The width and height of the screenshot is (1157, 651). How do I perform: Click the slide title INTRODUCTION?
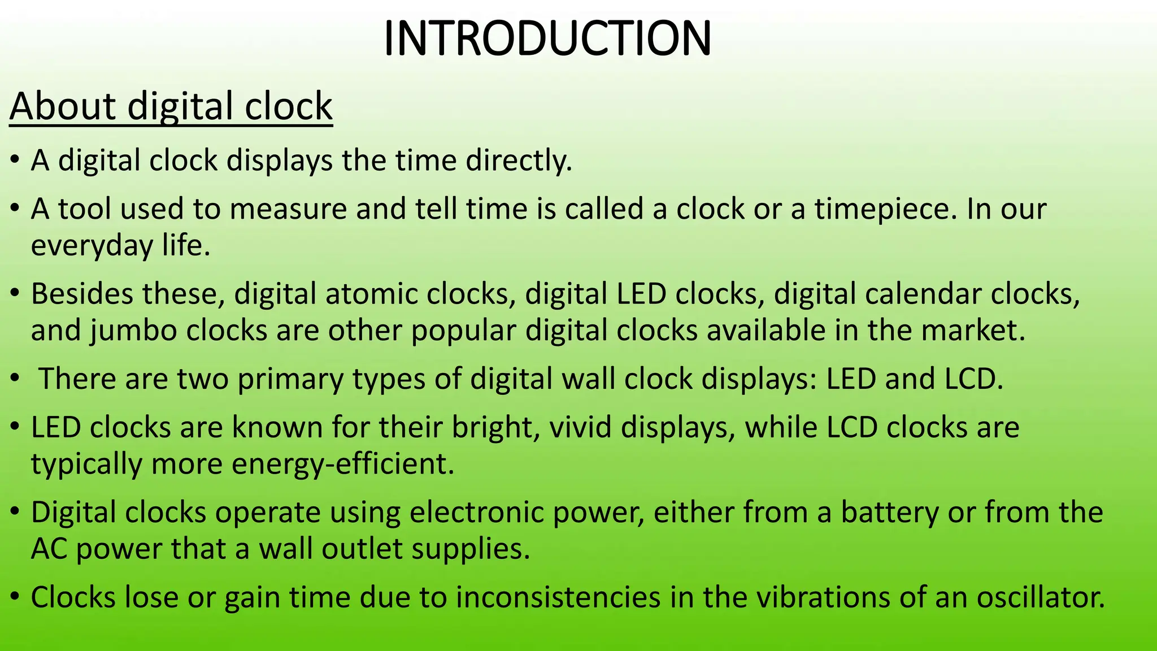(x=547, y=38)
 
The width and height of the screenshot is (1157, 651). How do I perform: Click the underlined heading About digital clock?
(x=171, y=106)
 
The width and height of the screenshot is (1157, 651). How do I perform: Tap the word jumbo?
(x=133, y=331)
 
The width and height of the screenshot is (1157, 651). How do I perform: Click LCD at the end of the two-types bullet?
(x=973, y=379)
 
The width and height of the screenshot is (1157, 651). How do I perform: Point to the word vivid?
(x=581, y=427)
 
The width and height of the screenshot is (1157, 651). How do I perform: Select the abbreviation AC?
(x=49, y=549)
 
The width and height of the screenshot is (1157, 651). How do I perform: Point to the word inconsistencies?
(x=558, y=597)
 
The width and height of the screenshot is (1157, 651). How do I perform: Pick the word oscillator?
(x=1041, y=597)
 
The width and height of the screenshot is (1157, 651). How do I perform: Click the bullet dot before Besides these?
(x=15, y=293)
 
